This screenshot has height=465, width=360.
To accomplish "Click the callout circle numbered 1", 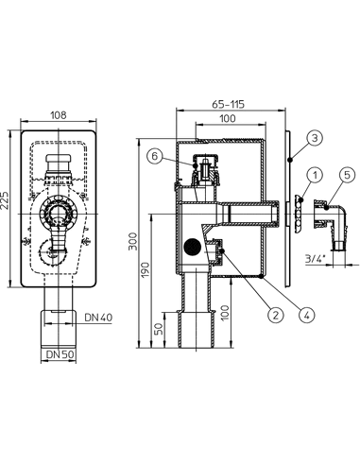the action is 316,175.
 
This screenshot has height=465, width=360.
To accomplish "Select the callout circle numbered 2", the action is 276,315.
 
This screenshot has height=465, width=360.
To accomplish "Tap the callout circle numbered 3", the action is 316,138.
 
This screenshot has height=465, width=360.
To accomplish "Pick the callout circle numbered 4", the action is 306,315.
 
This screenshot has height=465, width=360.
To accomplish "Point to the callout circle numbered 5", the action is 347,175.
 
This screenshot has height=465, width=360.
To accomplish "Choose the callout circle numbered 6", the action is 154,157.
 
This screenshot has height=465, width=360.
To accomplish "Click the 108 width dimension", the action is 59,114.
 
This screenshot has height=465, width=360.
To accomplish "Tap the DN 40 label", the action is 98,318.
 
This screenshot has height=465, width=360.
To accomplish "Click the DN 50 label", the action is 60,354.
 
